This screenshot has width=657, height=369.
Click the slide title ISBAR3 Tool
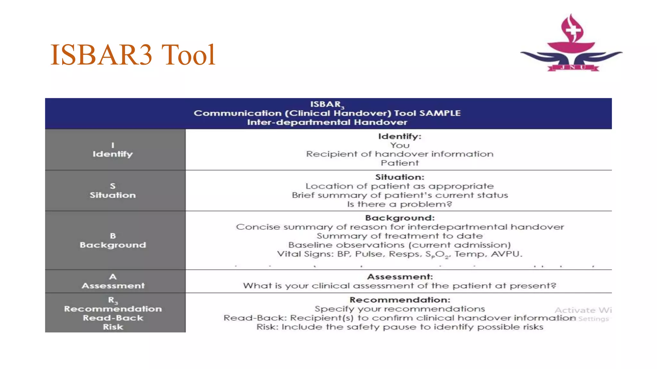132,55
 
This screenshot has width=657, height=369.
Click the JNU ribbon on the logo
573,67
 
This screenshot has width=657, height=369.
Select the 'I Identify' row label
113,150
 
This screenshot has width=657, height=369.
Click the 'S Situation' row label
113,191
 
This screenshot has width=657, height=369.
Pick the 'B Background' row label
113,241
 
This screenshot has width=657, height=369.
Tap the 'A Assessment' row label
113,281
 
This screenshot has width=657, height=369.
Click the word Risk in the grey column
113,327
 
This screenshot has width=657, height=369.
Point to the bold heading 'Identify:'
399,136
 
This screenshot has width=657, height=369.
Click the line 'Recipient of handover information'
399,154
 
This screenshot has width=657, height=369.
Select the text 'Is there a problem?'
399,204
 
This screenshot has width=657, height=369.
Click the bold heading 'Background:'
400,218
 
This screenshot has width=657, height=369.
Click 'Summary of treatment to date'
399,236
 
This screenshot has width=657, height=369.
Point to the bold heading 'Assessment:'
400,277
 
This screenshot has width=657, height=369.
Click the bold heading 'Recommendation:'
400,300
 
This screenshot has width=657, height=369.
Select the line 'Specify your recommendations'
399,309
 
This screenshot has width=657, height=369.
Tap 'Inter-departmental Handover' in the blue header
327,122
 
